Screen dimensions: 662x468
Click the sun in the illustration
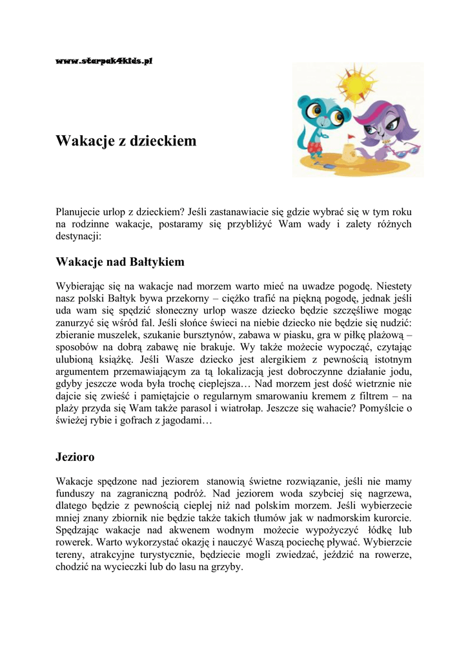[355, 85]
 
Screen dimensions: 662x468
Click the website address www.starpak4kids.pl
[104, 61]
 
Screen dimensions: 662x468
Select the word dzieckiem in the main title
[161, 141]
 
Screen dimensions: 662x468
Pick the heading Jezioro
[76, 458]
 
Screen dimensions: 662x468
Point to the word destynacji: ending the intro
[79, 237]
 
